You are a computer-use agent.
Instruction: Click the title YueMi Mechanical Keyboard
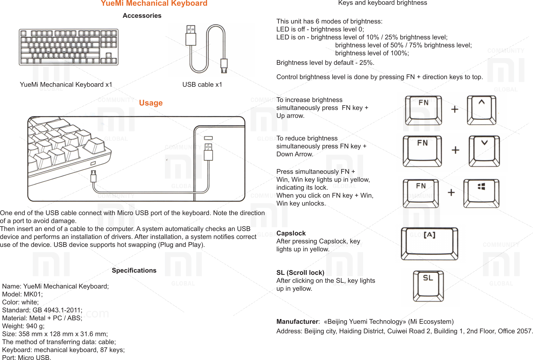pyautogui.click(x=154, y=3)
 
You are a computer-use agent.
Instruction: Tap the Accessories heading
pyautogui.click(x=142, y=16)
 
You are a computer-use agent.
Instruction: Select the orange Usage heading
pyautogui.click(x=151, y=103)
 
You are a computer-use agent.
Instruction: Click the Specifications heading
pyautogui.click(x=134, y=270)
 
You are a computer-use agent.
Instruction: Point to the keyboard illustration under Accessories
pyautogui.click(x=69, y=47)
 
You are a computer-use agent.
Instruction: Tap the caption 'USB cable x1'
pyautogui.click(x=202, y=85)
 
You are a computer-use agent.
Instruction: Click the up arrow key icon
pyautogui.click(x=482, y=110)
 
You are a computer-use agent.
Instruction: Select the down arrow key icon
pyautogui.click(x=484, y=151)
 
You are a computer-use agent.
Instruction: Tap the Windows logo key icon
pyautogui.click(x=481, y=193)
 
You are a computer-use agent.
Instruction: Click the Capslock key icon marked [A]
pyautogui.click(x=430, y=243)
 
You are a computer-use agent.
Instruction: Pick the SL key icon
pyautogui.click(x=428, y=286)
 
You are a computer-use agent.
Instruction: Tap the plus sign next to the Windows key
pyautogui.click(x=451, y=193)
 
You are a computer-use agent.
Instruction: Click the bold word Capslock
pyautogui.click(x=291, y=233)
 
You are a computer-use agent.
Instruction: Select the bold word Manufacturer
pyautogui.click(x=297, y=322)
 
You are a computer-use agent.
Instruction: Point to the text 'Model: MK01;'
pyautogui.click(x=22, y=294)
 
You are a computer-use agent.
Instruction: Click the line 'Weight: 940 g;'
pyautogui.click(x=23, y=326)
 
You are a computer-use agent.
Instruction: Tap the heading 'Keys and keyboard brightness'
pyautogui.click(x=383, y=3)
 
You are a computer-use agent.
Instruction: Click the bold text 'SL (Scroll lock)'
pyautogui.click(x=300, y=273)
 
